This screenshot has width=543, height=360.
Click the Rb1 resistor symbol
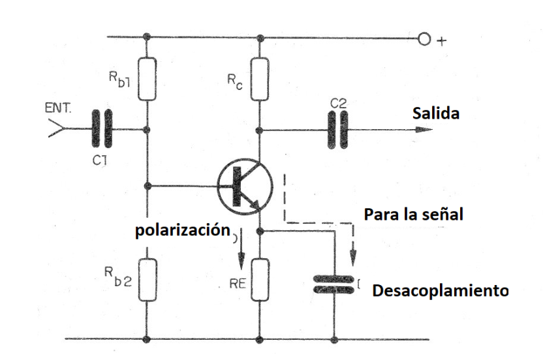(x=147, y=79)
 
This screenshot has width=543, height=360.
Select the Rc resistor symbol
(x=260, y=79)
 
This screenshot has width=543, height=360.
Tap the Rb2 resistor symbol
(x=147, y=280)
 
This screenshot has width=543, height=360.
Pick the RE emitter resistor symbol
(x=260, y=279)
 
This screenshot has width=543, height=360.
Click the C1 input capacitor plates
(x=102, y=128)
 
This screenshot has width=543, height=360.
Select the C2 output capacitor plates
(x=337, y=130)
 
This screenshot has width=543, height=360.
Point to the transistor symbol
(x=245, y=187)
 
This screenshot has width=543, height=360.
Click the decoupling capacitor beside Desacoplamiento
(x=334, y=284)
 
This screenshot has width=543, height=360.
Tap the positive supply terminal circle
(x=424, y=38)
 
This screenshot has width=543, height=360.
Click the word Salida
(x=436, y=113)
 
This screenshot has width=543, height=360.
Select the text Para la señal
(x=414, y=215)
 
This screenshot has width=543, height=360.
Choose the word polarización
(x=183, y=230)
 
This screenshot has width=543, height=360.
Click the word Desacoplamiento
(x=441, y=291)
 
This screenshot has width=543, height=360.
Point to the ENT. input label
(x=58, y=108)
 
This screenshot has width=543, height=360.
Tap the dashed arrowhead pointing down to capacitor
(x=353, y=258)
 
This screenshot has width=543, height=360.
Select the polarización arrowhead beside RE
(x=241, y=261)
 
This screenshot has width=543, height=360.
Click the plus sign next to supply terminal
(x=442, y=41)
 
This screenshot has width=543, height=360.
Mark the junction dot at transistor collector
(x=258, y=130)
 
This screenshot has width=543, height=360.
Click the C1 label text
(x=100, y=160)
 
